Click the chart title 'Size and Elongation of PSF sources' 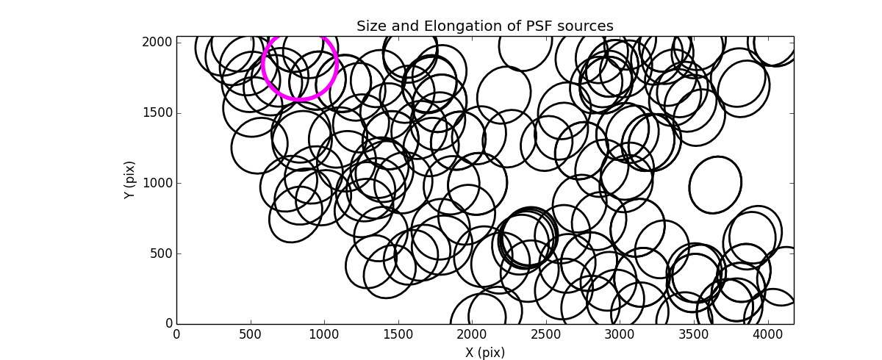(484, 26)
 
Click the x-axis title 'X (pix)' (484, 352)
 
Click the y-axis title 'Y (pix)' (129, 180)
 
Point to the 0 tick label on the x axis (176, 334)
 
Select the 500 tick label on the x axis (250, 334)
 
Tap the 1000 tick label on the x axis (323, 334)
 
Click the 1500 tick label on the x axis (397, 334)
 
